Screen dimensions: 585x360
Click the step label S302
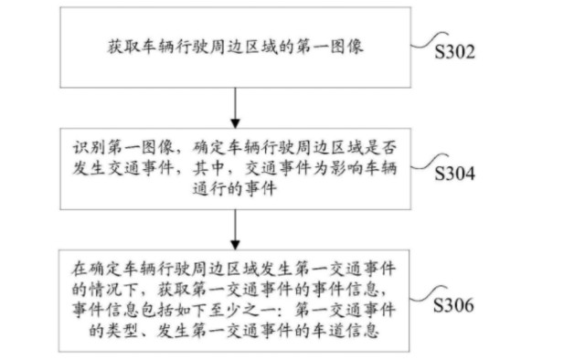[x=455, y=52]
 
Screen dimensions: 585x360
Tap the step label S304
[x=455, y=174]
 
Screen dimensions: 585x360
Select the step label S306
[x=453, y=305]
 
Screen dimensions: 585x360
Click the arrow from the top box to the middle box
[x=235, y=108]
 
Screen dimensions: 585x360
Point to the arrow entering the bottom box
[x=235, y=230]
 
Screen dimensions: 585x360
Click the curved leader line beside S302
[x=429, y=39]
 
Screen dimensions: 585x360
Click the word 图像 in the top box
[x=347, y=47]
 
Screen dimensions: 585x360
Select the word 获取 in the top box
[x=124, y=47]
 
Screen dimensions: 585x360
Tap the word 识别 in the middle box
[x=89, y=148]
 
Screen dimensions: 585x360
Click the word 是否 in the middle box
[x=380, y=148]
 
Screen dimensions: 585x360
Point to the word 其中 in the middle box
[x=209, y=169]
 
